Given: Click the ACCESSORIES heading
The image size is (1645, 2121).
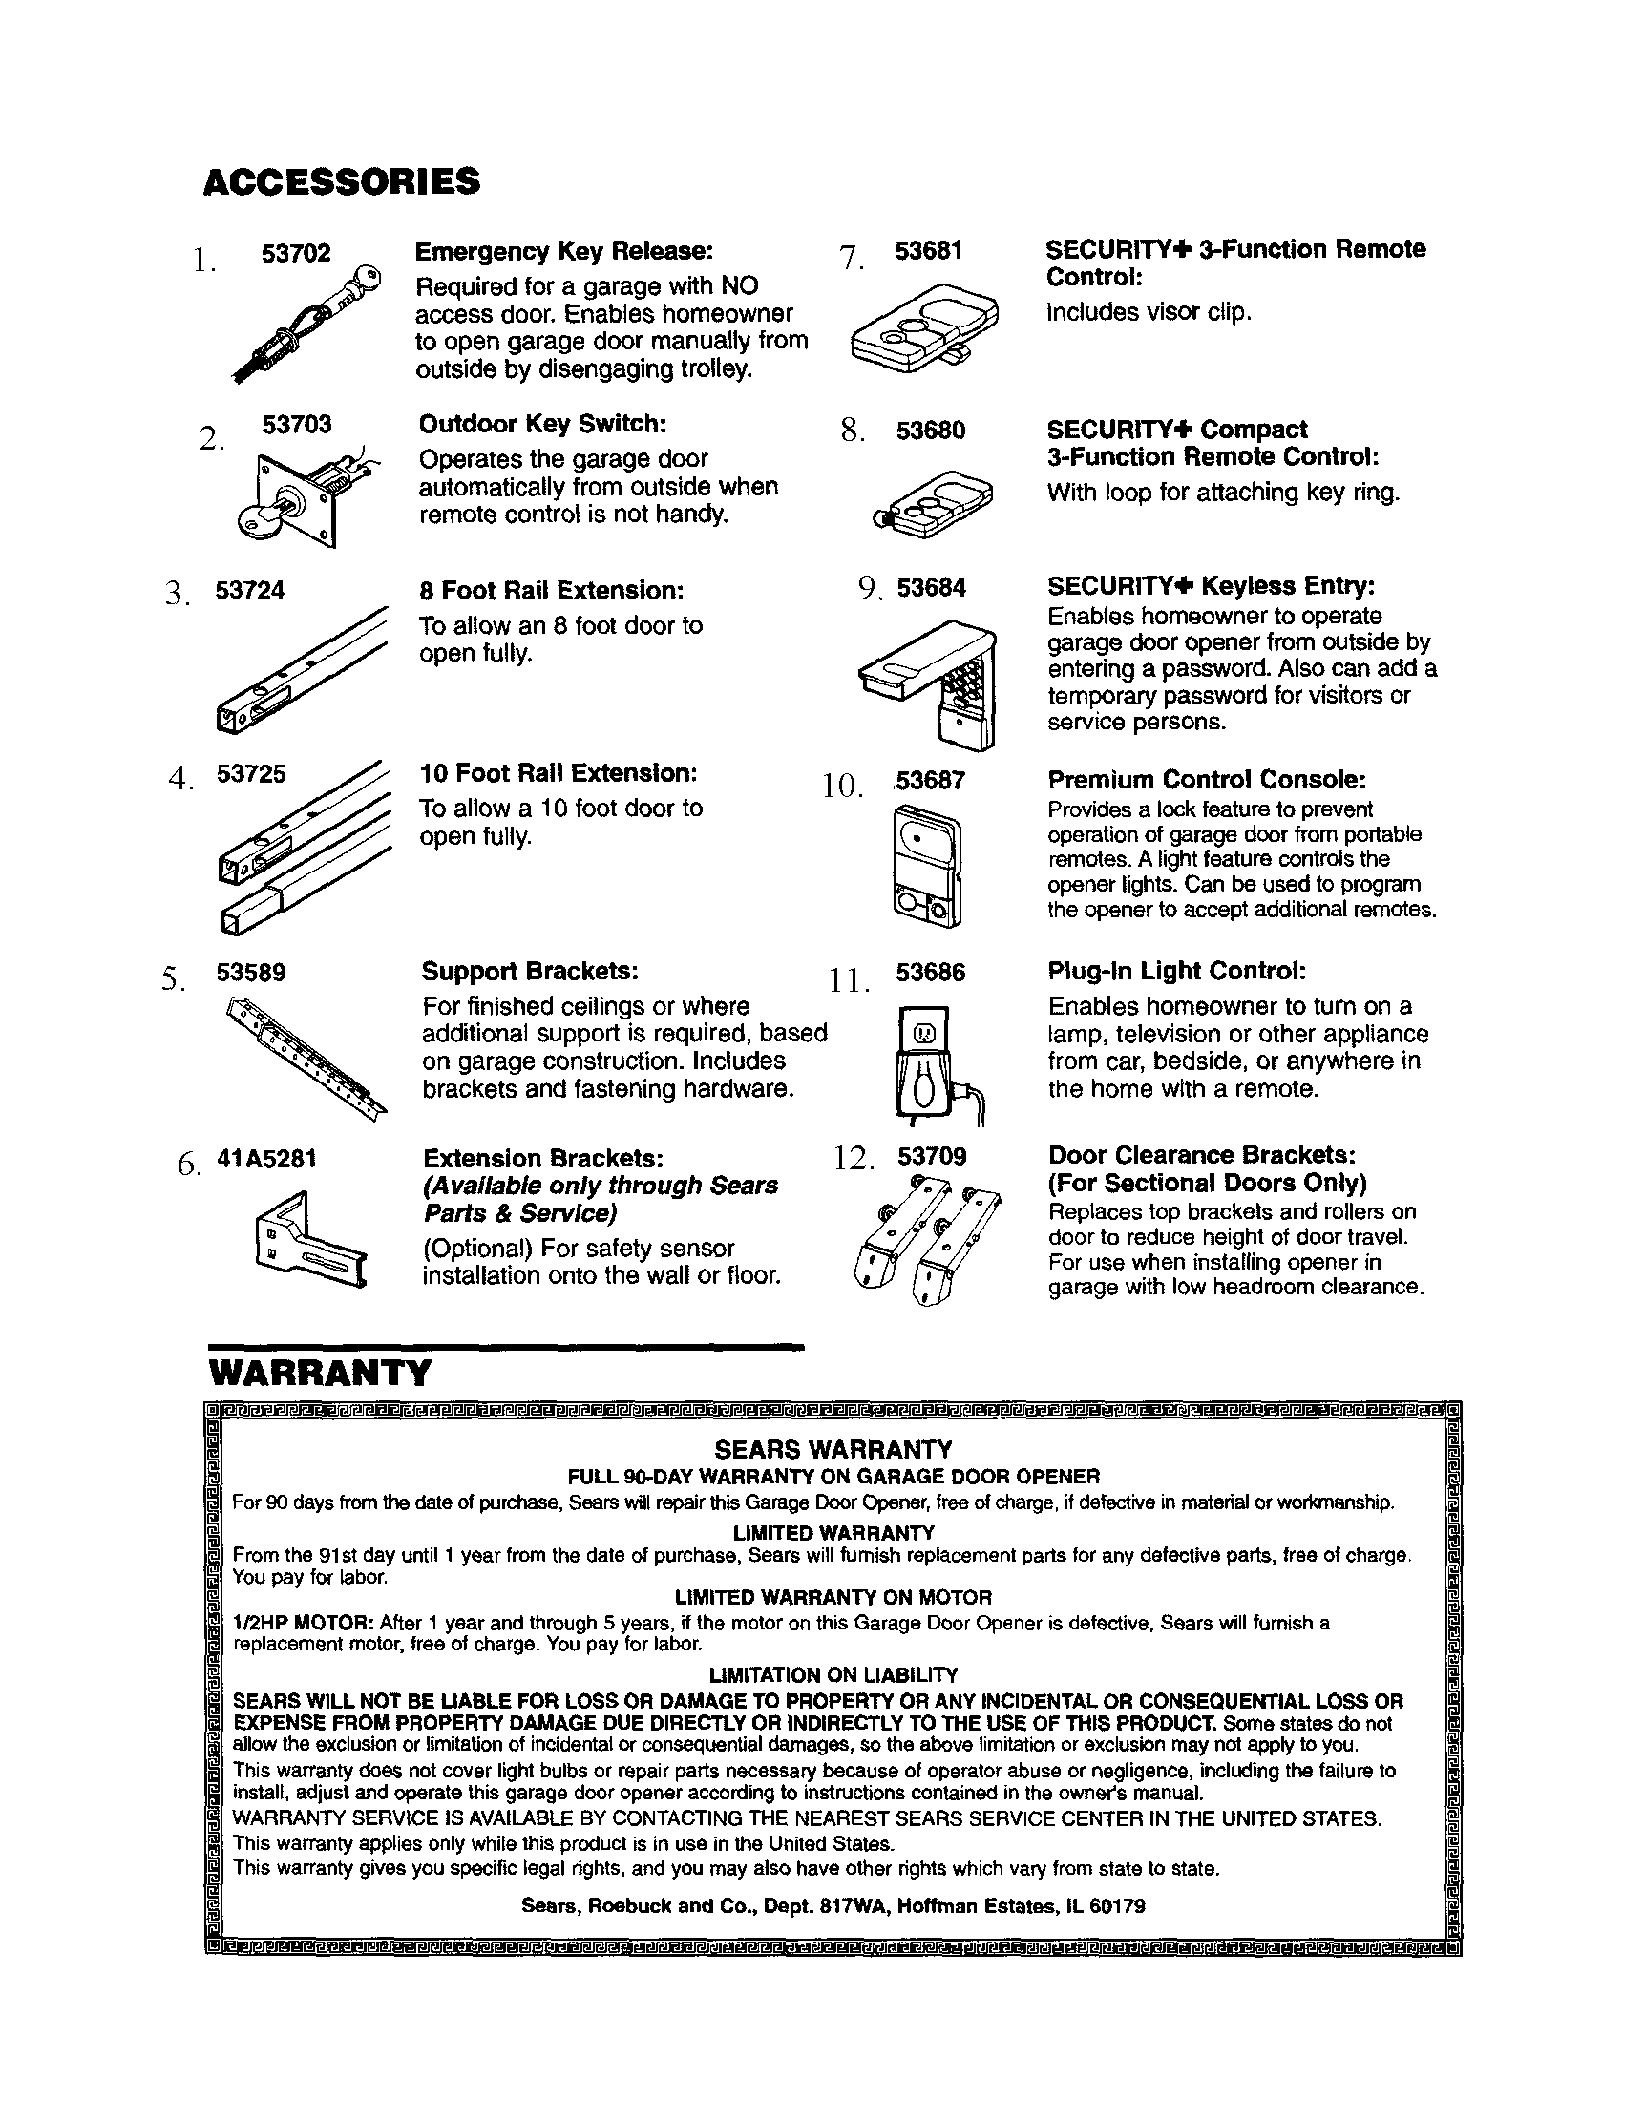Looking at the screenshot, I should (x=341, y=181).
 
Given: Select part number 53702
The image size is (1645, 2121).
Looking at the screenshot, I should (x=296, y=254).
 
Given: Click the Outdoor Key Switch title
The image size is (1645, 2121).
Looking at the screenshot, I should (x=543, y=425).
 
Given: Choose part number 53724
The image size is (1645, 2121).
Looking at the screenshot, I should (x=249, y=591).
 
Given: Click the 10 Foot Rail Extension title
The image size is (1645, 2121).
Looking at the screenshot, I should (x=559, y=773).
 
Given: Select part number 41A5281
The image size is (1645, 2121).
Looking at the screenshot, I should (x=266, y=1159).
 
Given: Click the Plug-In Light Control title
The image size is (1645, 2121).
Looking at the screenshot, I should (x=1177, y=971).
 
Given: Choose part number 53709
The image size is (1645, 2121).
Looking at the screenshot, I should (x=931, y=1156).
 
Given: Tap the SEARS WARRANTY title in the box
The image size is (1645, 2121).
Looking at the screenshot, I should (x=833, y=1450).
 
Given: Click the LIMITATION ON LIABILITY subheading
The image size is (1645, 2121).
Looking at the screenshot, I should (x=833, y=1675).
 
